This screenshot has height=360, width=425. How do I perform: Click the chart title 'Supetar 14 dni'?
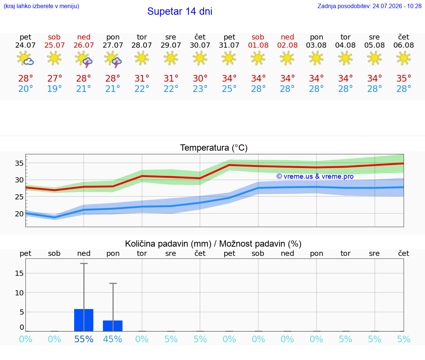click(180, 11)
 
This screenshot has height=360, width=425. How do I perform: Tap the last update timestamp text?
click(369, 6)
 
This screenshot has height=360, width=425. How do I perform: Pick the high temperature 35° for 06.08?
click(404, 78)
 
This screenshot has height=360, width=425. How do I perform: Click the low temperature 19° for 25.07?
click(55, 89)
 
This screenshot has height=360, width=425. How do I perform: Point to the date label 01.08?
click(258, 45)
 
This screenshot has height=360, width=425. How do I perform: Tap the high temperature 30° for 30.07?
click(200, 78)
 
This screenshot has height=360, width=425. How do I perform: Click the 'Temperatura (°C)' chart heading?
click(214, 148)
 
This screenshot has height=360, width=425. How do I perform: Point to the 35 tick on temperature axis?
click(19, 163)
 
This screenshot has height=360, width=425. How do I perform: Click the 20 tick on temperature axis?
click(19, 214)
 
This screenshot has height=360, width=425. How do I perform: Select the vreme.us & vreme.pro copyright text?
click(315, 176)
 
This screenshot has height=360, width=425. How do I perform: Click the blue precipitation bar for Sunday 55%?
click(84, 320)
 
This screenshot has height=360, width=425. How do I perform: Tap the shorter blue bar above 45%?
click(113, 326)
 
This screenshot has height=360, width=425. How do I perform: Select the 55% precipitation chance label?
click(84, 339)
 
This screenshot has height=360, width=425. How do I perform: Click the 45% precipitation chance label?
click(113, 339)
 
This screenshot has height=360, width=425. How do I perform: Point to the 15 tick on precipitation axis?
click(19, 273)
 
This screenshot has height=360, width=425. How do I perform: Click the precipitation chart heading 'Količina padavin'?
click(168, 244)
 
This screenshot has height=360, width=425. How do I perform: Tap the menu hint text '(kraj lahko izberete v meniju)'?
click(41, 6)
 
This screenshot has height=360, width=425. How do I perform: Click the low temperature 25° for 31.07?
click(229, 89)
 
